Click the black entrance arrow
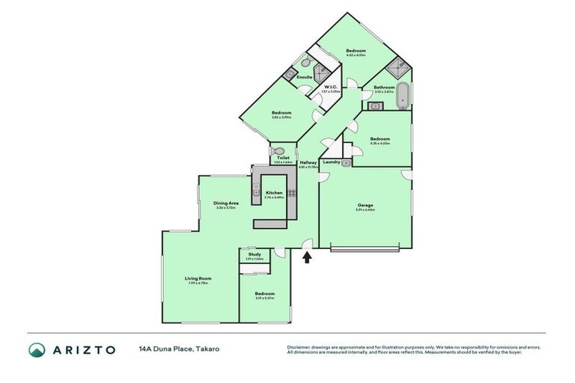point(306,257)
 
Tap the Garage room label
point(365,205)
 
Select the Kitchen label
point(273,193)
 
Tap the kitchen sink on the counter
point(256,197)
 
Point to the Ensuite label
point(304,77)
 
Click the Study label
point(255,255)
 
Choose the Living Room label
point(198,278)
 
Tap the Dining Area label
point(226,203)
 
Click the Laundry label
point(332,162)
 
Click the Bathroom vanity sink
point(376,105)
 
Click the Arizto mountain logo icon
point(37,349)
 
